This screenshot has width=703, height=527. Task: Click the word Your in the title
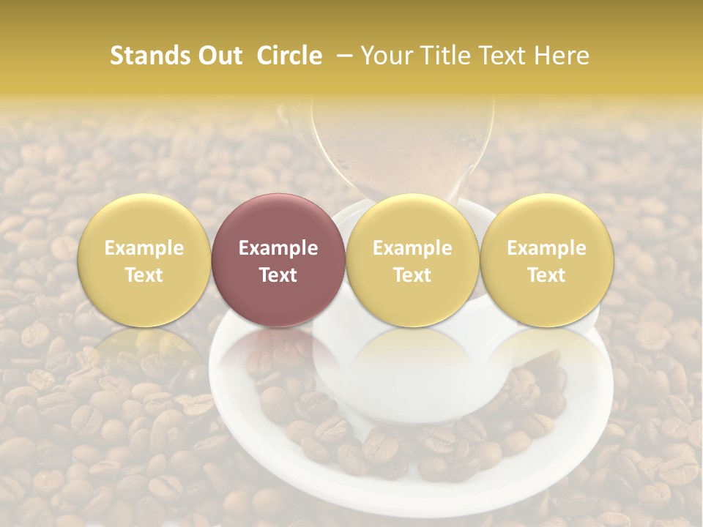(387, 56)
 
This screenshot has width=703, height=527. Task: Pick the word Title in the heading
(441, 56)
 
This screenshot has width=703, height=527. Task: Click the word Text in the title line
(500, 56)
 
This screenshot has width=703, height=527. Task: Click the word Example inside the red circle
(278, 248)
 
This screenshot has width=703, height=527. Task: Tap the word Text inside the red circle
(278, 275)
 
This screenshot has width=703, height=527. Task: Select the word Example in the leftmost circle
(144, 248)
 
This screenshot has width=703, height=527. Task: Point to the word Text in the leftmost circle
(144, 275)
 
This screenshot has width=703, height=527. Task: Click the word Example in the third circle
(412, 248)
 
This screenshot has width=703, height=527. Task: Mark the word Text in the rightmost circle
(546, 275)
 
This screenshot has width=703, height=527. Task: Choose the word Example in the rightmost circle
(546, 248)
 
